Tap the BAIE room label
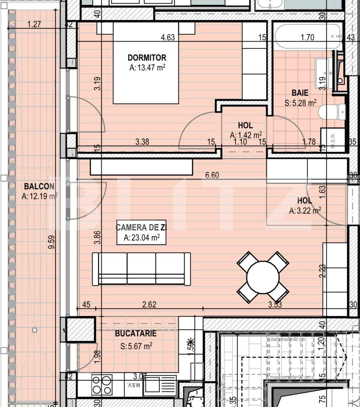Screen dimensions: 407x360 (300, 93)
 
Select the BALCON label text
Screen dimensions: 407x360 (39, 186)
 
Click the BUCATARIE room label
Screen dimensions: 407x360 (136, 334)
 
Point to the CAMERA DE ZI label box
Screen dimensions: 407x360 (141, 233)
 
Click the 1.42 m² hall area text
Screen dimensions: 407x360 (246, 135)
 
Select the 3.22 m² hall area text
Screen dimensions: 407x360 (305, 211)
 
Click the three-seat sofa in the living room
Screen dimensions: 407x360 (141, 269)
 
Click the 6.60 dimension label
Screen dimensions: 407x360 (212, 175)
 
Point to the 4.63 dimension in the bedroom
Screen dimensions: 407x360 (167, 37)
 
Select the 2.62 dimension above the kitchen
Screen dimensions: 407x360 (149, 304)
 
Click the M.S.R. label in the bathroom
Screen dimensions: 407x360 (333, 140)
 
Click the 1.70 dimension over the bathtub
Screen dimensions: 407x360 (307, 37)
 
